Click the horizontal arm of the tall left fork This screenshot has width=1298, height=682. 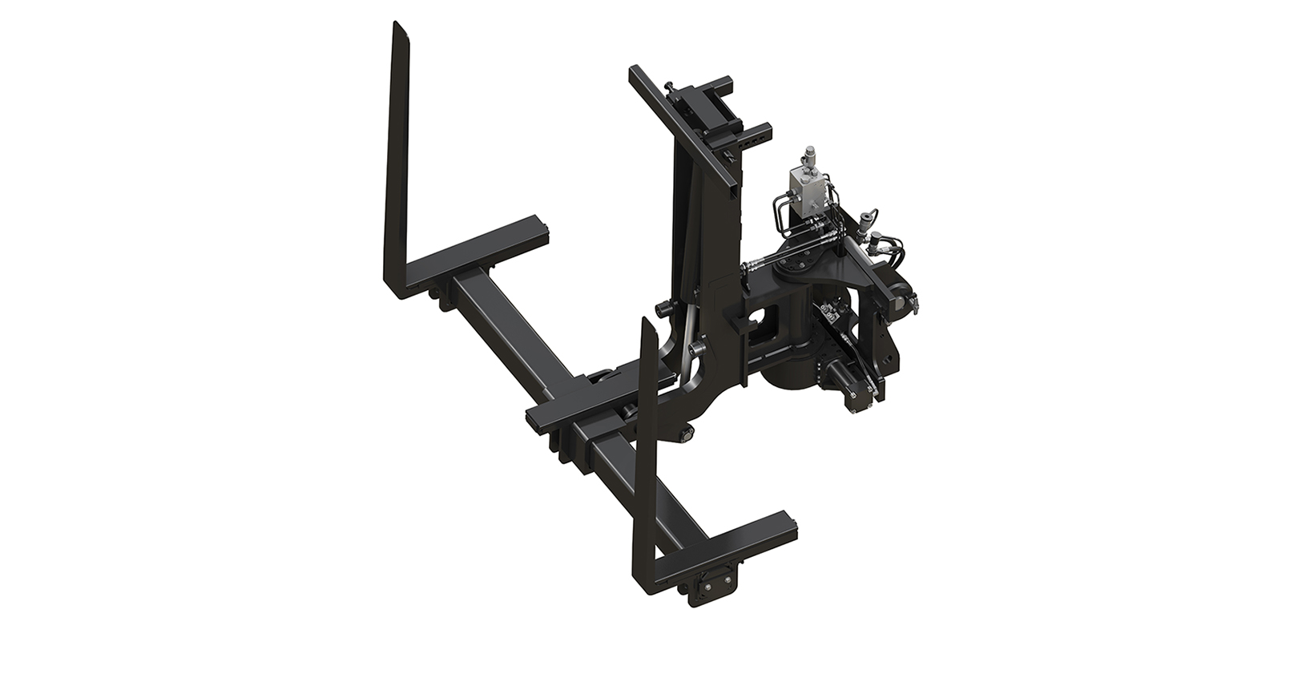pos(481,248)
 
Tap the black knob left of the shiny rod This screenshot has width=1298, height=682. pos(662,309)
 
